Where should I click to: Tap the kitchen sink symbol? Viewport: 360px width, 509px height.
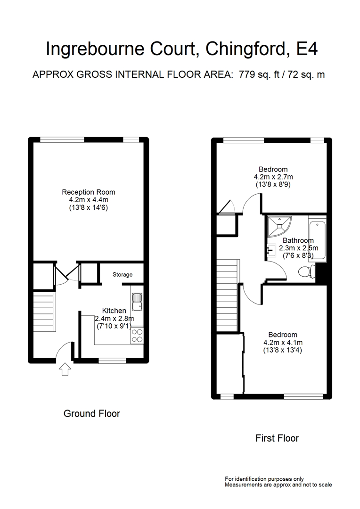pos(137,302)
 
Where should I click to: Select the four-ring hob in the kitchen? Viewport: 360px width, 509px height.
pos(137,335)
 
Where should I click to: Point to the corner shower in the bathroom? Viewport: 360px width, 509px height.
pos(278,225)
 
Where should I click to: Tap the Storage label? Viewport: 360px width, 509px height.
pos(122,274)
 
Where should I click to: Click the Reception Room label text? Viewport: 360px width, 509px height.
pos(89,192)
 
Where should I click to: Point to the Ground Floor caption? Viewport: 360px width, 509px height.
pos(91,414)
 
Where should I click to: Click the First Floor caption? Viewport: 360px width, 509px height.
pos(277,438)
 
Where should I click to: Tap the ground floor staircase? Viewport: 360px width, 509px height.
pos(43,312)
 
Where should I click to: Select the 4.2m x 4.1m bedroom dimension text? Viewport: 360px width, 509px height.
pos(283,343)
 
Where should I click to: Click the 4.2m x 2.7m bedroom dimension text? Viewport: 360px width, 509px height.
pos(273,177)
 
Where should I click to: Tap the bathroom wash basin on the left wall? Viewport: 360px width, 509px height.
pos(270,249)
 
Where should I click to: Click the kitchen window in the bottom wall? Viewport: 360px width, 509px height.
pos(112,361)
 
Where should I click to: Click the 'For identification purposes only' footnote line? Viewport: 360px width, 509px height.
pos(264,478)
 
